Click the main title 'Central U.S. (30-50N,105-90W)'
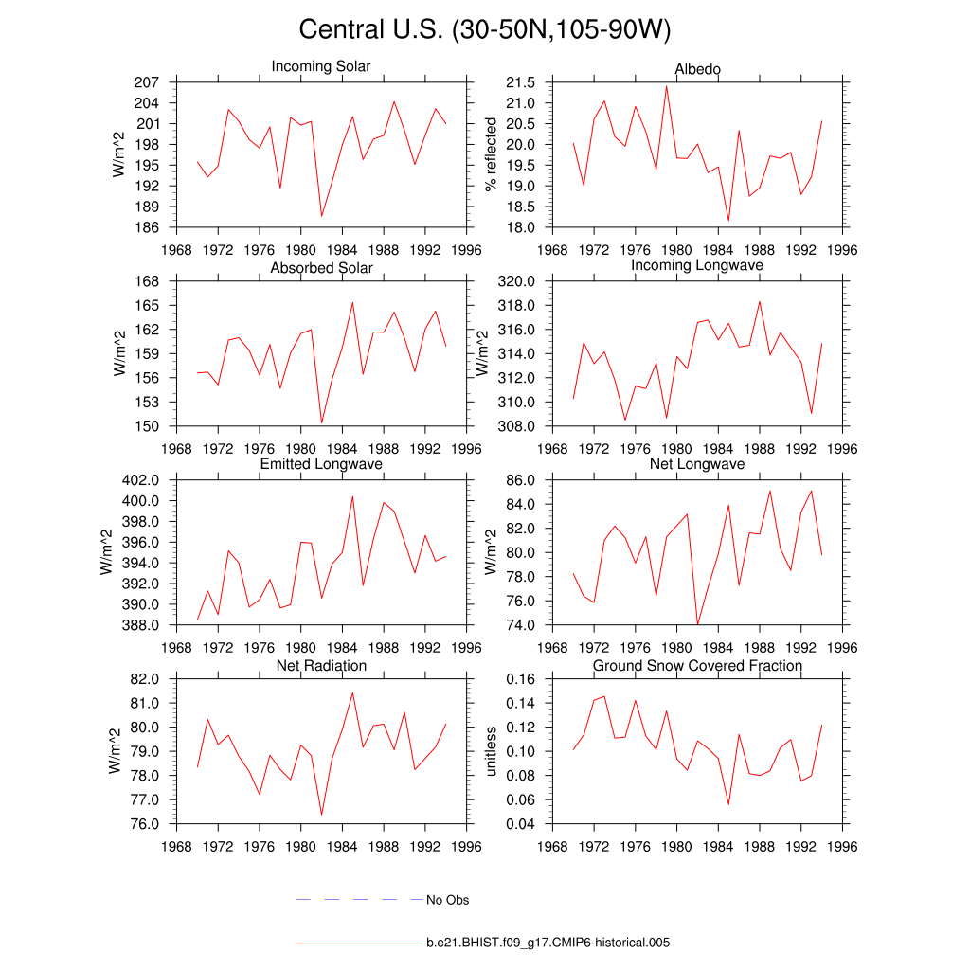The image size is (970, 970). pyautogui.click(x=484, y=29)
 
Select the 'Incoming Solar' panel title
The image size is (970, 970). pyautogui.click(x=321, y=67)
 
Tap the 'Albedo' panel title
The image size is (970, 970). pyautogui.click(x=697, y=70)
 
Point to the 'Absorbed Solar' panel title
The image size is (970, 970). pyautogui.click(x=321, y=268)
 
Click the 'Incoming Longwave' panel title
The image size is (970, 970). pyautogui.click(x=697, y=265)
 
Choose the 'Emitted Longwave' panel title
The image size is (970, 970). pyautogui.click(x=321, y=464)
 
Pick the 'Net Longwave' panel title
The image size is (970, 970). pyautogui.click(x=697, y=464)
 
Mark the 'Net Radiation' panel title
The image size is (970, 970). pyautogui.click(x=321, y=666)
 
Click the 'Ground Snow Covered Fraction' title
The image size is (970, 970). pyautogui.click(x=697, y=666)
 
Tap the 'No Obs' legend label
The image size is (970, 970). pyautogui.click(x=447, y=900)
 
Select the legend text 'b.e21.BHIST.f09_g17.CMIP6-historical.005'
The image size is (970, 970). pyautogui.click(x=548, y=943)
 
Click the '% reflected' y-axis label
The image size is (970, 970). pyautogui.click(x=491, y=154)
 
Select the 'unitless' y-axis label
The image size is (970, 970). pyautogui.click(x=491, y=751)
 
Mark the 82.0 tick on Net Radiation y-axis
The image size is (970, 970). pyautogui.click(x=143, y=679)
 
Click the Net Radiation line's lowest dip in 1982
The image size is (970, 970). pyautogui.click(x=321, y=814)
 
